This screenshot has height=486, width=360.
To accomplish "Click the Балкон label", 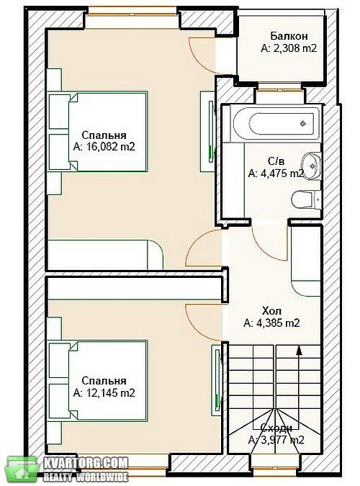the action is pyautogui.click(x=289, y=36).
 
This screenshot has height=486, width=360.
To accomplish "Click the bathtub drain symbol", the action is pyautogui.click(x=303, y=123).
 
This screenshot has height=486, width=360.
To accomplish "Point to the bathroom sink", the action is pyautogui.click(x=311, y=165).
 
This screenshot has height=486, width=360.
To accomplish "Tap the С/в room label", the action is pyautogui.click(x=276, y=161).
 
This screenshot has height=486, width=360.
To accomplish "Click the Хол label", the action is pyautogui.click(x=271, y=310).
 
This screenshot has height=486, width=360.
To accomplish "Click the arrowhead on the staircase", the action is pyautogui.click(x=299, y=350).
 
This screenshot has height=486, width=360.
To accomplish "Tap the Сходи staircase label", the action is pyautogui.click(x=276, y=428).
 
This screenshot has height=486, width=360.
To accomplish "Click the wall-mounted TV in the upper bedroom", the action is pyautogui.click(x=211, y=130).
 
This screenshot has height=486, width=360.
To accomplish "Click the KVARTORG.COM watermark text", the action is pyautogui.click(x=86, y=463).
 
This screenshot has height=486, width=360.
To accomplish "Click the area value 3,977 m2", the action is pyautogui.click(x=276, y=440).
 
